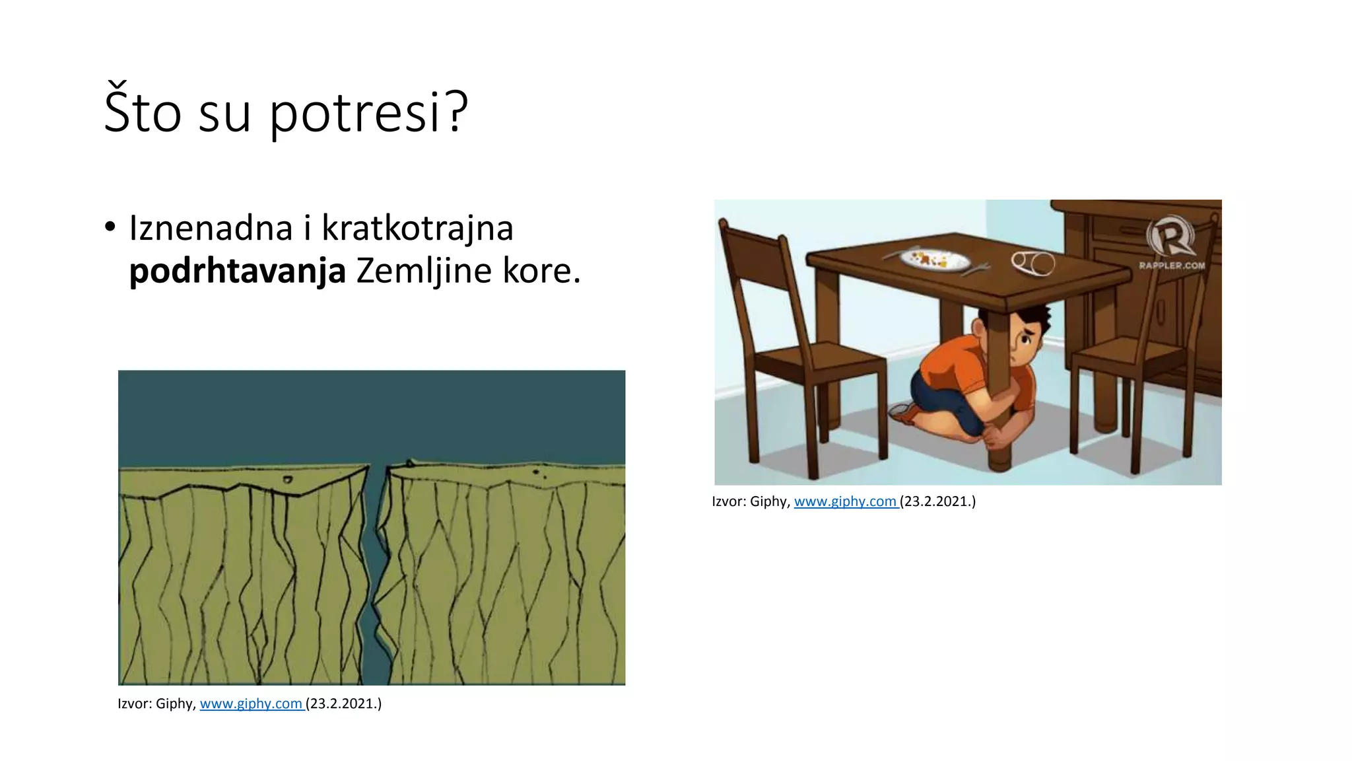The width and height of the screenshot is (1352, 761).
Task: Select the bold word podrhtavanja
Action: pyautogui.click(x=238, y=271)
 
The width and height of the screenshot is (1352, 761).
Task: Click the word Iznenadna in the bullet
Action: pyautogui.click(x=211, y=229)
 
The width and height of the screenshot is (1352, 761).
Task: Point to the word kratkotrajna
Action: pyautogui.click(x=417, y=229)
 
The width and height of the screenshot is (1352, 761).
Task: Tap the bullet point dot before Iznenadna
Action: pyautogui.click(x=110, y=227)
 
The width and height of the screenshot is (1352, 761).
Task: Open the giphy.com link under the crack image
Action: pyautogui.click(x=251, y=704)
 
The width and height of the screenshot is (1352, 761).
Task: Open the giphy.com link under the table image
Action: pyautogui.click(x=845, y=501)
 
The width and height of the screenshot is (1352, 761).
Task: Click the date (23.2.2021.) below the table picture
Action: pyautogui.click(x=937, y=501)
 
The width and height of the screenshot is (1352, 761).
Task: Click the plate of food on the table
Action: pyautogui.click(x=934, y=258)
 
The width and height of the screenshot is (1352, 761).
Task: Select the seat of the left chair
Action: pyautogui.click(x=819, y=360)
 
